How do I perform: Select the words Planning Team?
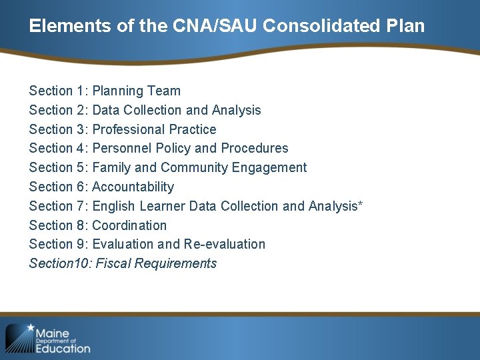137,91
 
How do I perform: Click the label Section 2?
59,110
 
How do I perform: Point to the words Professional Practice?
154,129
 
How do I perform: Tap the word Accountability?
133,187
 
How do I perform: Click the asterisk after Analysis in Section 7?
360,204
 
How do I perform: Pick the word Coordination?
129,225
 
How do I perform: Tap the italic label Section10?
60,263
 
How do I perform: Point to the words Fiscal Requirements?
156,263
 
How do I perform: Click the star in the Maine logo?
29,328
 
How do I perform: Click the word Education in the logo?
63,348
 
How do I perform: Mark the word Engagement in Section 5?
267,167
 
